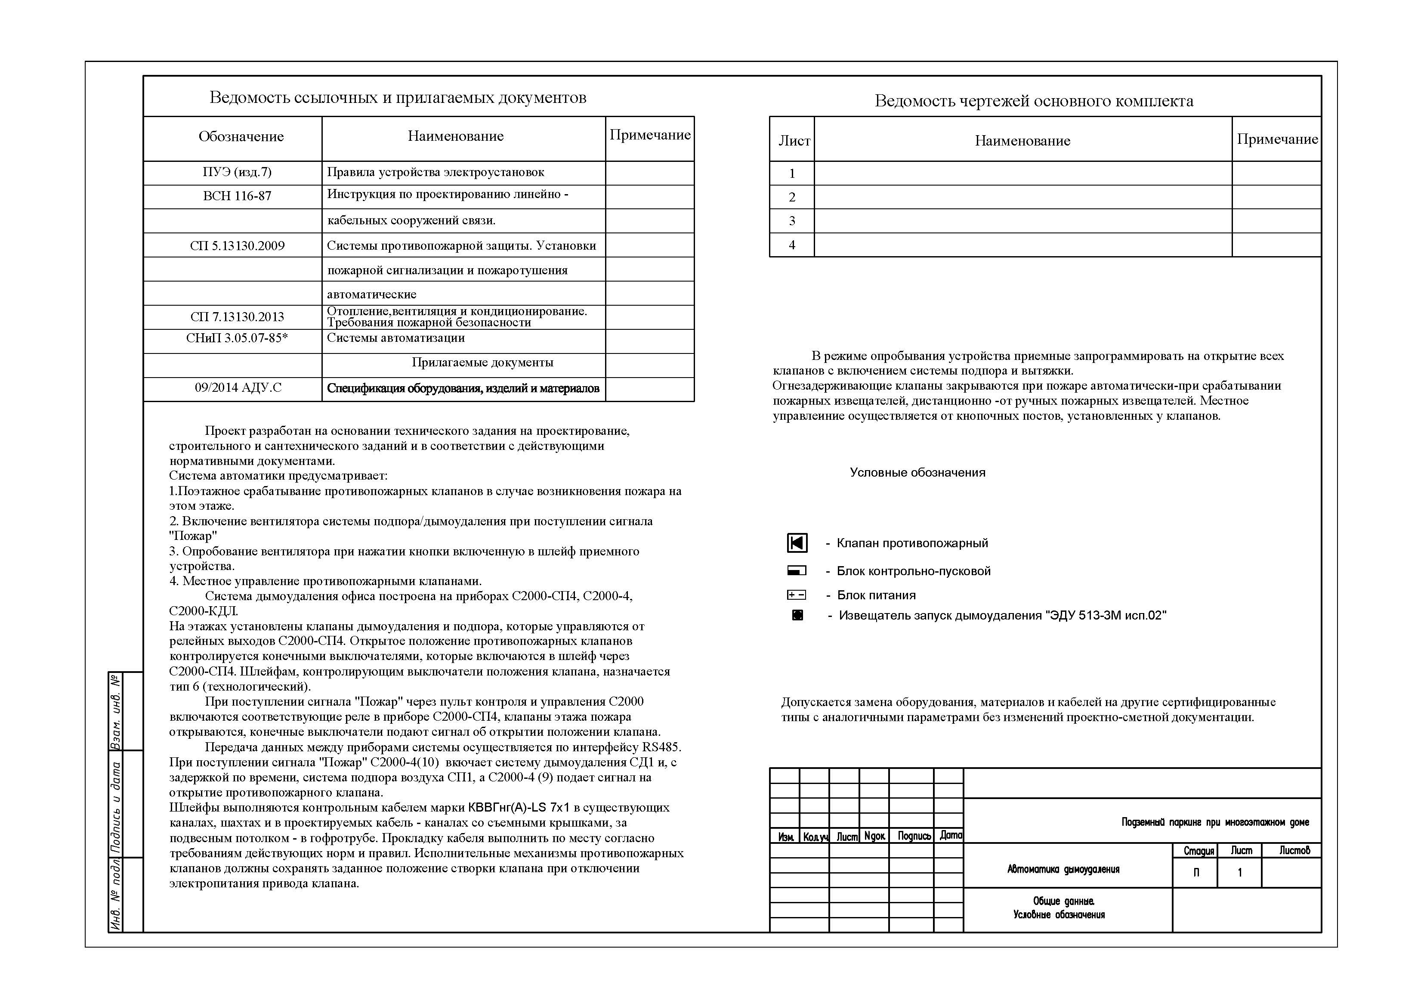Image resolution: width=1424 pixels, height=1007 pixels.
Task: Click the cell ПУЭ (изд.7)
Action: click(x=237, y=173)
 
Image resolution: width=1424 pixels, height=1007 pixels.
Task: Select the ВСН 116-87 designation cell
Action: click(x=237, y=196)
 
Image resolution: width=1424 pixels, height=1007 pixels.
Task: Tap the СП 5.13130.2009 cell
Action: click(x=237, y=246)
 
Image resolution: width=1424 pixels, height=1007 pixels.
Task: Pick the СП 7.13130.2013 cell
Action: click(x=237, y=317)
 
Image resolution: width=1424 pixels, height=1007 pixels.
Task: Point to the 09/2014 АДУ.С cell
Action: click(x=238, y=388)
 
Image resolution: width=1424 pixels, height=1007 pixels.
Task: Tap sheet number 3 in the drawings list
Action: click(x=792, y=221)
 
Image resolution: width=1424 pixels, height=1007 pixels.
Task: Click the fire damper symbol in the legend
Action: click(x=797, y=543)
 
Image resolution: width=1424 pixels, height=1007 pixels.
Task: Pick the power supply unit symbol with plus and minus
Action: click(x=797, y=595)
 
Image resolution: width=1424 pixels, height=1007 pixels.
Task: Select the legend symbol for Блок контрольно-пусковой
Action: click(x=797, y=571)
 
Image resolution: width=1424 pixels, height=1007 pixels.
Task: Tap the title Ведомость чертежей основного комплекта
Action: click(x=1033, y=101)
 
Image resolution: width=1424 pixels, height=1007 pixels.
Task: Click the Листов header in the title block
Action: click(x=1294, y=851)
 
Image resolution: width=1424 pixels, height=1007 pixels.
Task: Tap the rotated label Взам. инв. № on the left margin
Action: click(x=116, y=711)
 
